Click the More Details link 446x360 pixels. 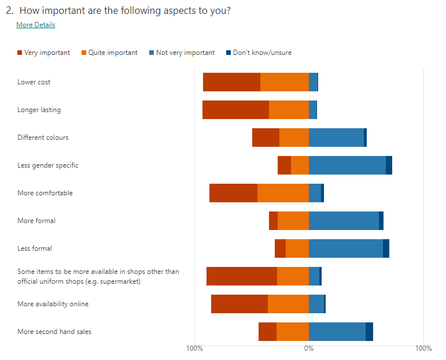coord(35,25)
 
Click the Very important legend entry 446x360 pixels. coord(44,53)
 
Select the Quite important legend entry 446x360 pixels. coord(110,53)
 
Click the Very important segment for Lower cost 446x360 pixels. coord(231,82)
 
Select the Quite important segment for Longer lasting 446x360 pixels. coord(289,110)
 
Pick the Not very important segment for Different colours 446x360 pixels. coord(336,138)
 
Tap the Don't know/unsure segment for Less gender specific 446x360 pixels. coord(389,165)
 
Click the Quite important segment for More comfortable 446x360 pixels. coord(283,193)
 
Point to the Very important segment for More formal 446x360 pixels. coord(273,221)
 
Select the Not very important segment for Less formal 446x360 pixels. coord(346,248)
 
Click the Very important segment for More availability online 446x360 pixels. coord(239,304)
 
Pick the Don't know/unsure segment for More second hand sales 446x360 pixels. coord(369,332)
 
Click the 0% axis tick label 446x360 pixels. coord(309,348)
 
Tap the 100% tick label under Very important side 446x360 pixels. coord(194,348)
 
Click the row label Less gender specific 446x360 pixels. coord(48,165)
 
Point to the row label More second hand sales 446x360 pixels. coord(54,332)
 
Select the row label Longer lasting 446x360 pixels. coord(39,110)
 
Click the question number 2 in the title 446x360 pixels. coord(9,10)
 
